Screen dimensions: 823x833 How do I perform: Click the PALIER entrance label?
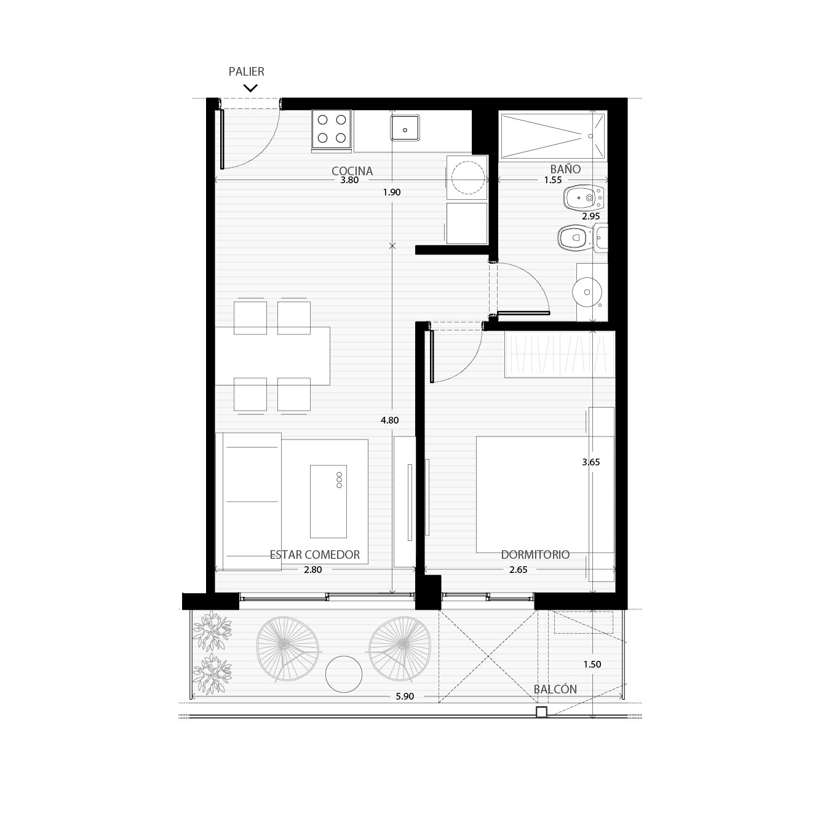246,71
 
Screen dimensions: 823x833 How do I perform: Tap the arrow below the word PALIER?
250,89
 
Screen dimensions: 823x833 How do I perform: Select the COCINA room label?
352,171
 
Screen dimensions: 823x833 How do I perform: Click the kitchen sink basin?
405,128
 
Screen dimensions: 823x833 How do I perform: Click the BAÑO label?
565,169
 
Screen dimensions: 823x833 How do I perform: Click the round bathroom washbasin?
587,292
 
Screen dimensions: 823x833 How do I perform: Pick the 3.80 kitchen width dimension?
349,180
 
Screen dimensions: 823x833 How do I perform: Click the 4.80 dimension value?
389,420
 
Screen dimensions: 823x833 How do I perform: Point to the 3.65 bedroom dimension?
590,462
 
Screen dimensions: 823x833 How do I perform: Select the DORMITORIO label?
535,555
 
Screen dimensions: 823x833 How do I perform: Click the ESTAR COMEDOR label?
314,555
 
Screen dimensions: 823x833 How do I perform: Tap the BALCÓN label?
555,689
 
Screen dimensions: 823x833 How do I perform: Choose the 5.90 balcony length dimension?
405,697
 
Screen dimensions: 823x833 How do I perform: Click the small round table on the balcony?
344,674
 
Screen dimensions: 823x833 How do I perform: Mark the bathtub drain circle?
590,136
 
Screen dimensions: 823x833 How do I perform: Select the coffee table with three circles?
328,502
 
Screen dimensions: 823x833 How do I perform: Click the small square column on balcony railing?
541,711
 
